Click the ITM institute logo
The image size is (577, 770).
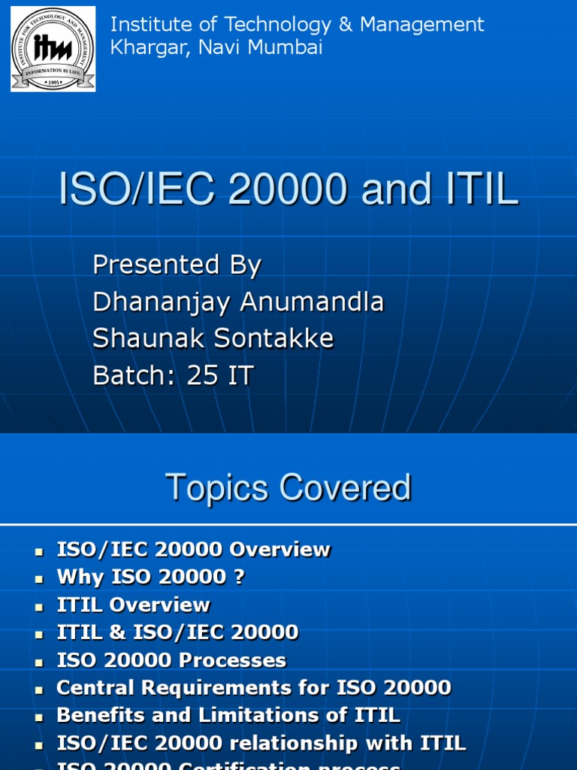pyautogui.click(x=53, y=49)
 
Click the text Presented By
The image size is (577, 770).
pyautogui.click(x=177, y=265)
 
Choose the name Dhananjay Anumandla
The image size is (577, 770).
pyautogui.click(x=238, y=302)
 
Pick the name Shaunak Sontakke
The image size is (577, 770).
pyautogui.click(x=213, y=338)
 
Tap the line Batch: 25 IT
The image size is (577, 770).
pyautogui.click(x=173, y=375)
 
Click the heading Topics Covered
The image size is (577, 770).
pyautogui.click(x=288, y=487)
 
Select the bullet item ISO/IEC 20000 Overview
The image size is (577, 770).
pyautogui.click(x=193, y=550)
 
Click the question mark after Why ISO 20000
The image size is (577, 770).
pyautogui.click(x=239, y=577)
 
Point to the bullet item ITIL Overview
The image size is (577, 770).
pyautogui.click(x=134, y=605)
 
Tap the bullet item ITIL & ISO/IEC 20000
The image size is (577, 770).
pyautogui.click(x=177, y=632)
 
